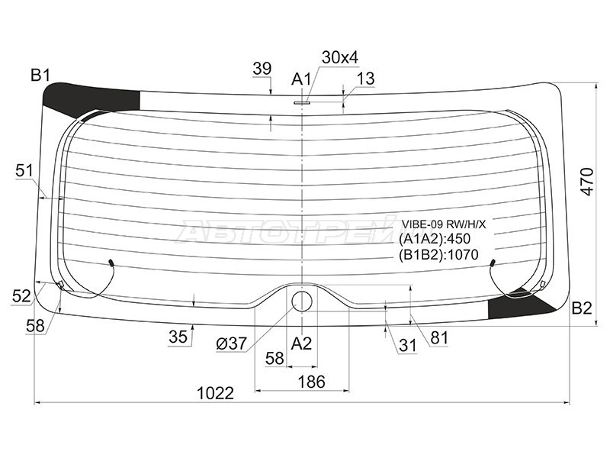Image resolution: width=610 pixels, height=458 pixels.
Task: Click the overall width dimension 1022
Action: (216, 393)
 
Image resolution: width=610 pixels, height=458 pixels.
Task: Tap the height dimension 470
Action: (587, 182)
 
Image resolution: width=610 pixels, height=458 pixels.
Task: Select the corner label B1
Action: (40, 75)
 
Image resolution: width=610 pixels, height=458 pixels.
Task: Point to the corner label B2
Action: (582, 308)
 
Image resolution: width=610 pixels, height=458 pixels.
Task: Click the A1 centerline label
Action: (301, 79)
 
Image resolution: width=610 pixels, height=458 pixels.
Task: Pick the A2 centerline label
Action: (301, 343)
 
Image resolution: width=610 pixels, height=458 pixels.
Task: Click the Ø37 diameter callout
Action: (232, 343)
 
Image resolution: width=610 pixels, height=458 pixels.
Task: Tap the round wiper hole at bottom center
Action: (302, 302)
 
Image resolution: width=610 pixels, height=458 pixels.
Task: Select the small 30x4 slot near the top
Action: (302, 103)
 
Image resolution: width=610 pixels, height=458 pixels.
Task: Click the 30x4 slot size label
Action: (340, 58)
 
